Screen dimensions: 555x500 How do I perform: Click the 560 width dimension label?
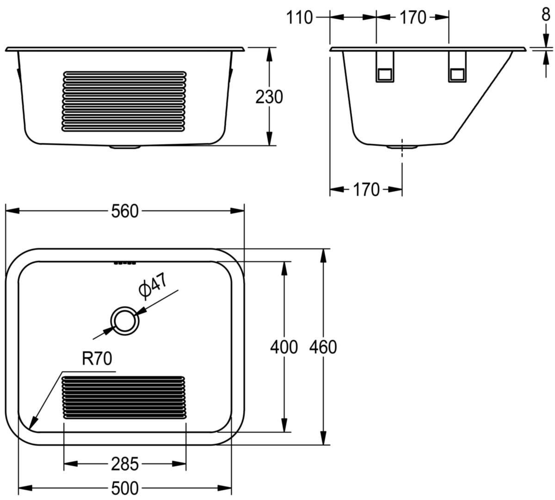[124, 212]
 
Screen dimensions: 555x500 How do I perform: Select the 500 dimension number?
[124, 488]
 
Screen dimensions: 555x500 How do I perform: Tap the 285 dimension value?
[124, 464]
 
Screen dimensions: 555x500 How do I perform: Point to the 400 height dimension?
[284, 347]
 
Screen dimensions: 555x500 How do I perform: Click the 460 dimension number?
[323, 347]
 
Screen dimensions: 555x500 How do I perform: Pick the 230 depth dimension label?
[269, 97]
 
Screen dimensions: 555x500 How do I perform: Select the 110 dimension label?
[299, 18]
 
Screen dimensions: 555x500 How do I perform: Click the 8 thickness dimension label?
[546, 14]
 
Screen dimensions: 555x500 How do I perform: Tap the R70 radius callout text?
[97, 358]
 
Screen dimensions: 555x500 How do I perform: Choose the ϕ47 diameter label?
[153, 286]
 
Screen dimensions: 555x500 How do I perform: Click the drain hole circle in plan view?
[125, 321]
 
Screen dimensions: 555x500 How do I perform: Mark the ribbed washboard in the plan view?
[123, 398]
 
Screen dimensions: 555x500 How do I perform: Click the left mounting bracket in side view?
[384, 67]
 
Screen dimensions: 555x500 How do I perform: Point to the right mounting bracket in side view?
[457, 67]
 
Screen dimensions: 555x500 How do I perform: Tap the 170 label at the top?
[413, 18]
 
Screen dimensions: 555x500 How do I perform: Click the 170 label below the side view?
[366, 189]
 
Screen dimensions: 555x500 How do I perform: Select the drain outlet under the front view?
[125, 147]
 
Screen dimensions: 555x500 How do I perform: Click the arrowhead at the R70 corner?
[33, 429]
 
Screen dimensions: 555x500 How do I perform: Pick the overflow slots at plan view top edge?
[125, 263]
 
